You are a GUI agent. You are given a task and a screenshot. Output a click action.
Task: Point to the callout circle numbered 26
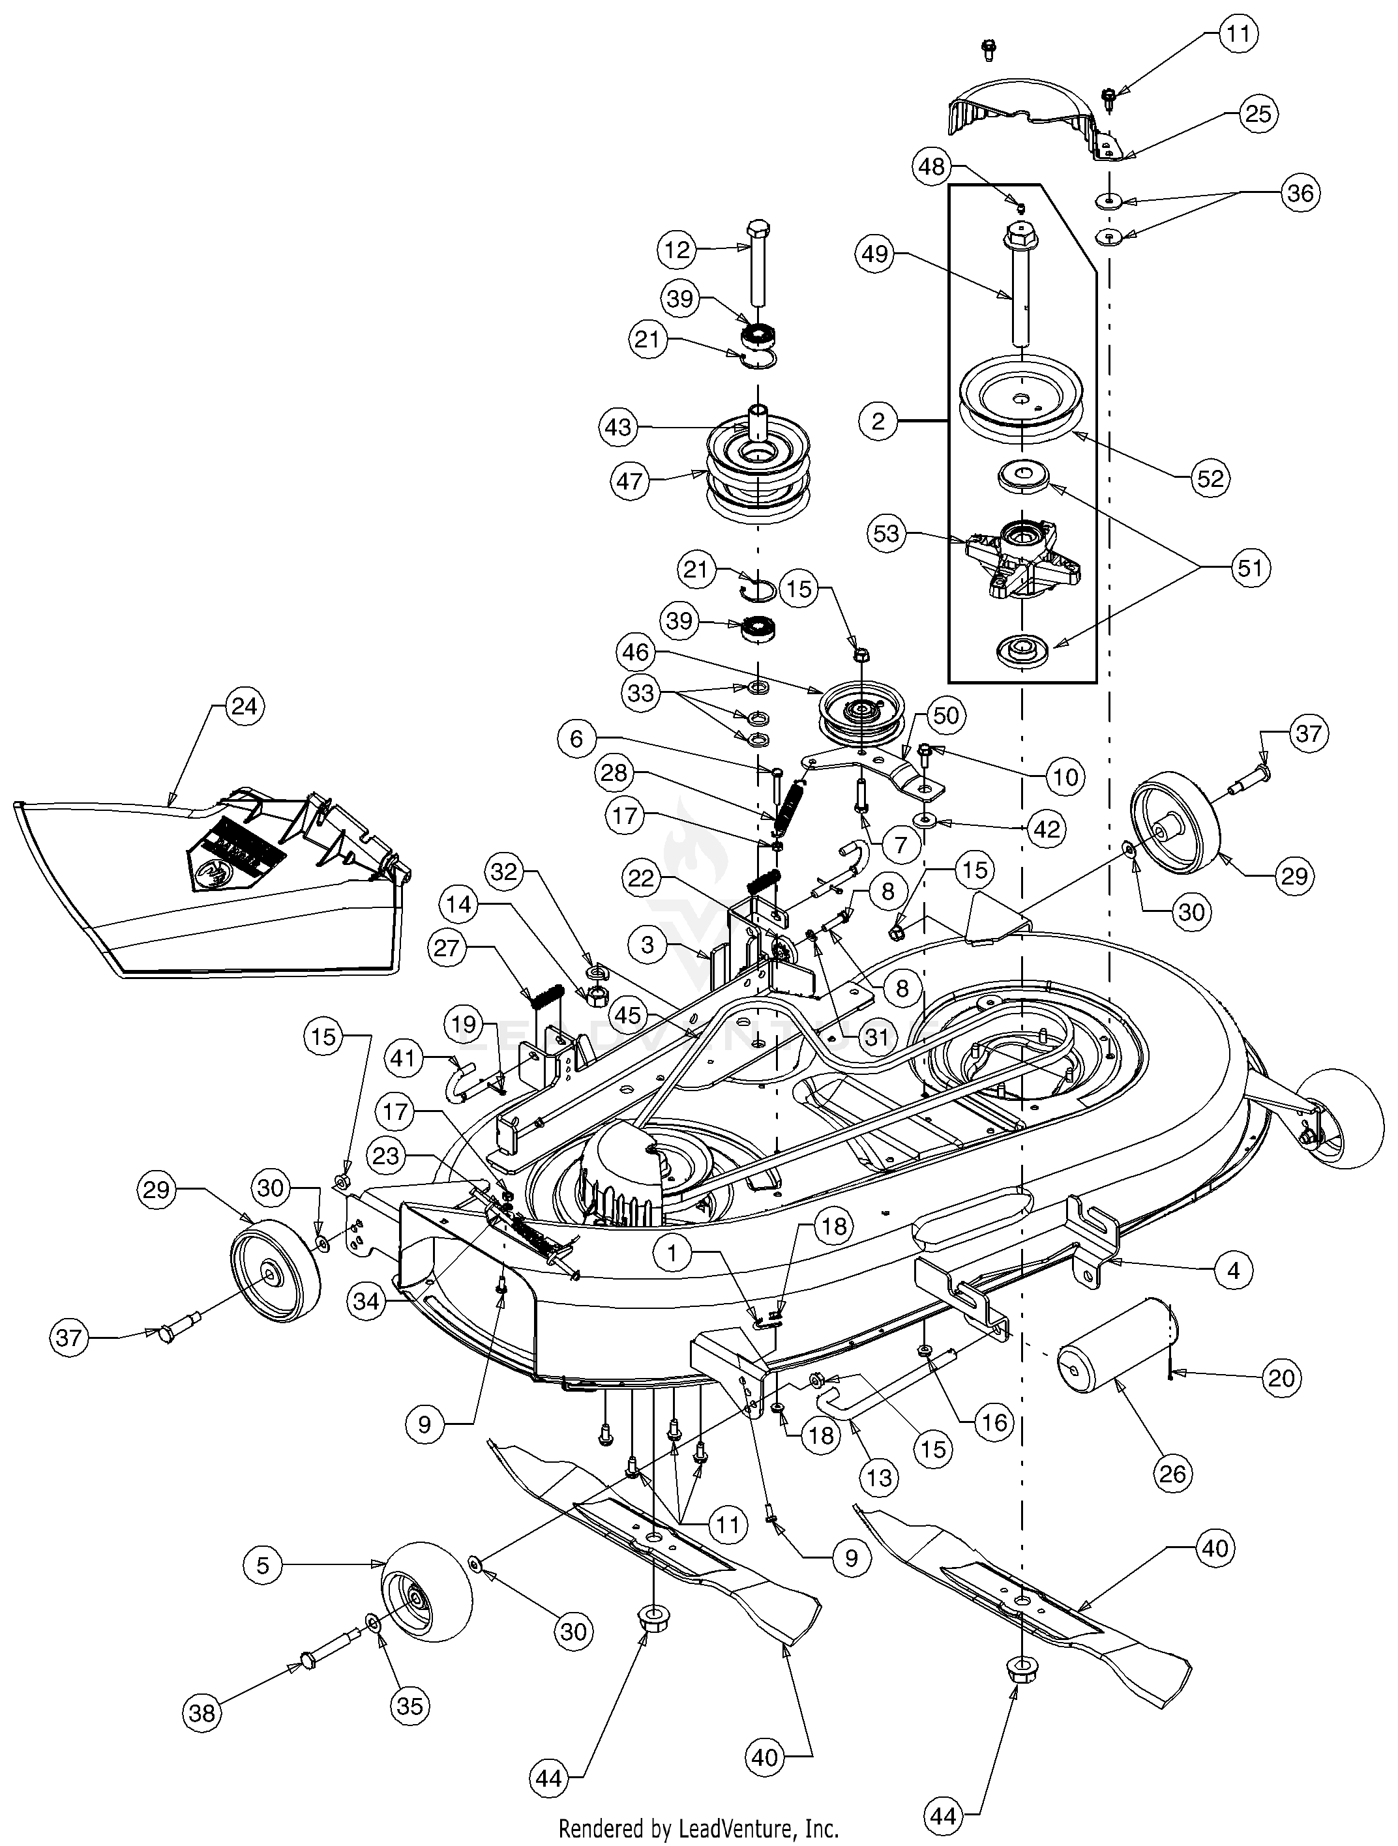point(1172,1473)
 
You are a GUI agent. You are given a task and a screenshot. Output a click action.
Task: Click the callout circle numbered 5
point(263,1565)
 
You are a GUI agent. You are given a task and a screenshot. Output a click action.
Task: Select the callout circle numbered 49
point(876,254)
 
